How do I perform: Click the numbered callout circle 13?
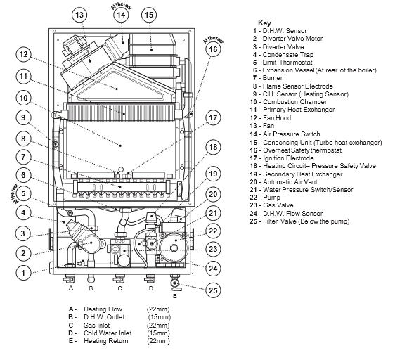pyautogui.click(x=79, y=15)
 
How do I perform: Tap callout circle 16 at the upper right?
pyautogui.click(x=213, y=49)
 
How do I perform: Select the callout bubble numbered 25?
pyautogui.click(x=213, y=290)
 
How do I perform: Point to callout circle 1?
pyautogui.click(x=23, y=273)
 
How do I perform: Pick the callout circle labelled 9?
pyautogui.click(x=23, y=117)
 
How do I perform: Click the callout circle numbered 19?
pyautogui.click(x=213, y=174)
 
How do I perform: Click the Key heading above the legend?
pyautogui.click(x=264, y=23)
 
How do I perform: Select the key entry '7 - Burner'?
pyautogui.click(x=268, y=78)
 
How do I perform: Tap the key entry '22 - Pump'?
pyautogui.click(x=265, y=198)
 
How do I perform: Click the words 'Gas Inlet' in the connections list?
pyautogui.click(x=97, y=326)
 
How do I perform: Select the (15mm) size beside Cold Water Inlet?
pyautogui.click(x=159, y=333)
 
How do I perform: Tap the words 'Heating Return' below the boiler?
pyautogui.click(x=106, y=341)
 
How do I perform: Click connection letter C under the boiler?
pyautogui.click(x=119, y=288)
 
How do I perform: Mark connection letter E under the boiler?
pyautogui.click(x=175, y=296)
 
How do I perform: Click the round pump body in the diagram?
pyautogui.click(x=174, y=248)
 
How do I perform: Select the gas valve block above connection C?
pyautogui.click(x=119, y=253)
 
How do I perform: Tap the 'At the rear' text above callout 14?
pyautogui.click(x=122, y=6)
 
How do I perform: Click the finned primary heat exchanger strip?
pyautogui.click(x=121, y=112)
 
